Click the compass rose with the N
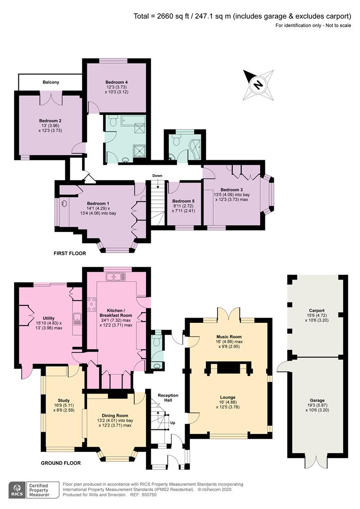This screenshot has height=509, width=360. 258,85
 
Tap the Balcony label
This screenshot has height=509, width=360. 51,82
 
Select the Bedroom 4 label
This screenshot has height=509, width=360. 116,82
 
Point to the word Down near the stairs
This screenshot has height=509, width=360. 157,176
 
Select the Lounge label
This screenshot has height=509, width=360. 228,397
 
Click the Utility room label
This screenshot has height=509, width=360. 49,318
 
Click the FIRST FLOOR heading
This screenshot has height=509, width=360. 70,253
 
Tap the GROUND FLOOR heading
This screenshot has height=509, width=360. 61,463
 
